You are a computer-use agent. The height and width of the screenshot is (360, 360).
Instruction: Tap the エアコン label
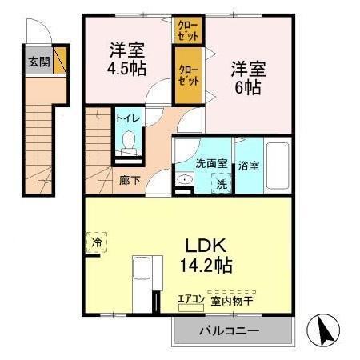pyautogui.click(x=191, y=301)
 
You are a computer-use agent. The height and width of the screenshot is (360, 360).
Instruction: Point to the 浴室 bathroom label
pyautogui.click(x=248, y=166)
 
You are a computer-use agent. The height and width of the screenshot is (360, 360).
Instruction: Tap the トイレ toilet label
pyautogui.click(x=129, y=118)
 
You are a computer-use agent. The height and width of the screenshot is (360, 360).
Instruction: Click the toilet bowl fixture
pyautogui.click(x=128, y=144)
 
